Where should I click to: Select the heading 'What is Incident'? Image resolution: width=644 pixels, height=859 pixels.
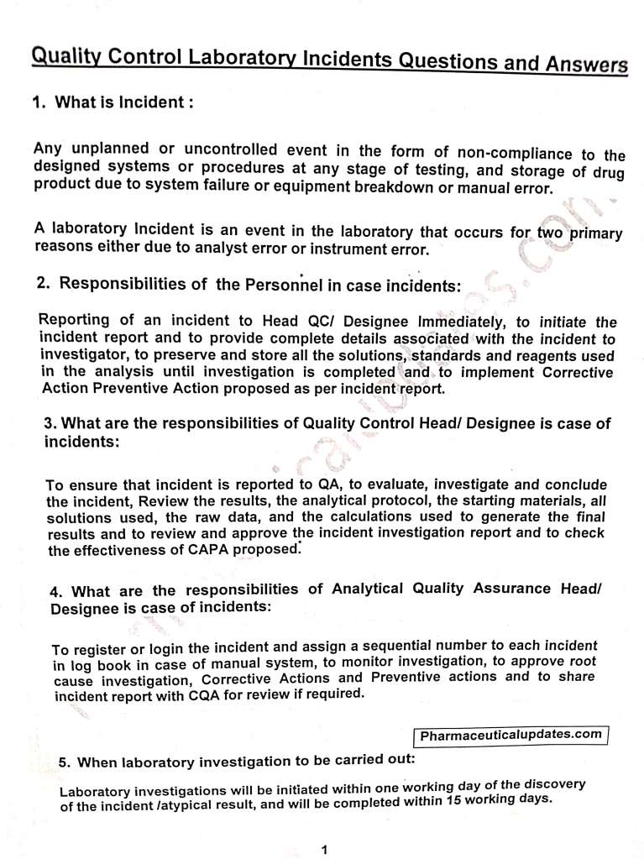click(x=124, y=102)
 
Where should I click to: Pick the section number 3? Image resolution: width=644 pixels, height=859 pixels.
click(x=49, y=423)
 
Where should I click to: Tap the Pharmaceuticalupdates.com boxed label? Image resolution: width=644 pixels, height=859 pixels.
click(x=510, y=735)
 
